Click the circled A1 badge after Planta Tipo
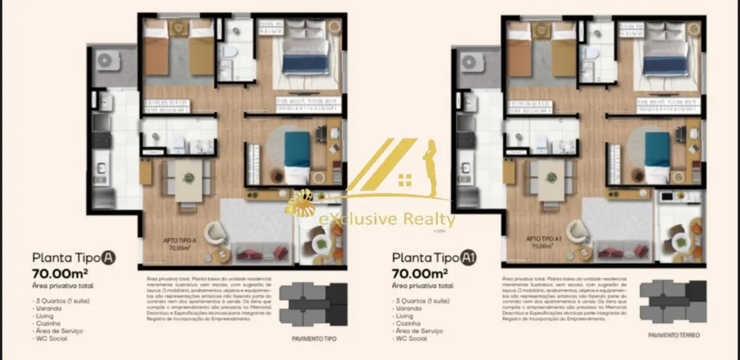pyautogui.click(x=469, y=258)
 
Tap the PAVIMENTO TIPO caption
pyautogui.click(x=314, y=338)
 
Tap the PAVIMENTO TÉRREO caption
pyautogui.click(x=674, y=336)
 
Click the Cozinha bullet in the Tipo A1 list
pyautogui.click(x=407, y=323)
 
